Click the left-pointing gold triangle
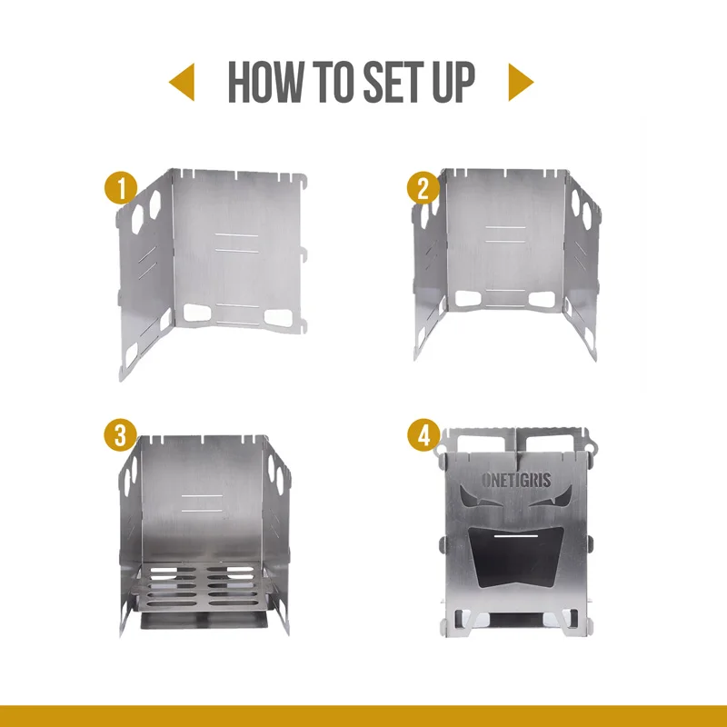183,82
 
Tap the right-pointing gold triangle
521,82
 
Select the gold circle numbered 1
121,188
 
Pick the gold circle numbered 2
423,188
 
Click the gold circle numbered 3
121,436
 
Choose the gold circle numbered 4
423,436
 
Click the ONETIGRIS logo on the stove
516,481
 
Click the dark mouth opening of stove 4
516,556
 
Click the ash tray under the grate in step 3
203,620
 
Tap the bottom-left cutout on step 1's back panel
197,313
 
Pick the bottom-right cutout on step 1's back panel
278,317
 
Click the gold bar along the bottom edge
363,716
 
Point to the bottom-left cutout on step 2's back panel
468,299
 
